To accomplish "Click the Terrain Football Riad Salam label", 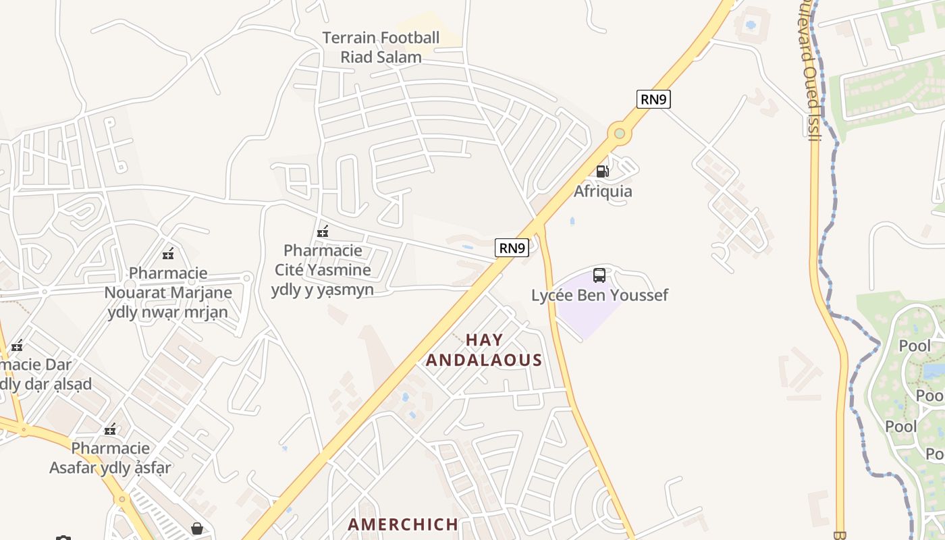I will (x=381, y=47).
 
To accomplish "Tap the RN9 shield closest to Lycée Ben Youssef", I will (x=512, y=248).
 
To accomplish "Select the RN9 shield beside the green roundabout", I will (x=653, y=99).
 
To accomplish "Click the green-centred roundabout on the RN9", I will (x=619, y=134).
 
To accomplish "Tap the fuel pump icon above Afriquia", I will (x=602, y=171).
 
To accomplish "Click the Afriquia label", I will (x=603, y=191).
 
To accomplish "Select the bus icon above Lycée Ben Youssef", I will (x=599, y=275).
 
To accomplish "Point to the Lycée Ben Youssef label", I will (x=599, y=295).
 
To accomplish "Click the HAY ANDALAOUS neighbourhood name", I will (x=484, y=350).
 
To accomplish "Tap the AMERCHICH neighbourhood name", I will (x=403, y=524).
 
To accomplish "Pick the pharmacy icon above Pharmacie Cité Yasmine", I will (x=323, y=232).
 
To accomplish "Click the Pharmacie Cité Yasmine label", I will (x=323, y=269).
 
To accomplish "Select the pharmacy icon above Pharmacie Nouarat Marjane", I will (x=168, y=254).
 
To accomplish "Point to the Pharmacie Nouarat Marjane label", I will (x=168, y=292).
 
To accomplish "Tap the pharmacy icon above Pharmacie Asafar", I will (x=110, y=429).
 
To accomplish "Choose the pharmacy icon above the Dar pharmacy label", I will (x=17, y=346).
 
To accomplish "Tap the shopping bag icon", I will (x=196, y=528).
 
